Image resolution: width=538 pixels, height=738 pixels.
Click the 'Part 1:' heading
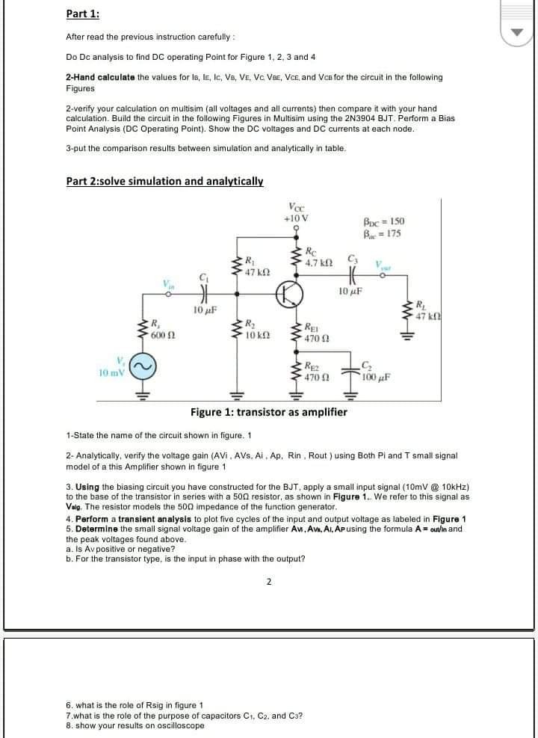pyautogui.click(x=82, y=14)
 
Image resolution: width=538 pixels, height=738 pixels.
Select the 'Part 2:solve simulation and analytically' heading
pyautogui.click(x=164, y=181)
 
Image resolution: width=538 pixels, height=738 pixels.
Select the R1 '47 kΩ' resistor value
pyautogui.click(x=256, y=271)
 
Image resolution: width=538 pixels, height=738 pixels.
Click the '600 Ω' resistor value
pyautogui.click(x=162, y=334)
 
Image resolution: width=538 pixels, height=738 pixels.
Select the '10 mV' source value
pyautogui.click(x=111, y=372)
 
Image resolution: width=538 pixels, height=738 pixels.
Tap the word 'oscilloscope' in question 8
pyautogui.click(x=179, y=726)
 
